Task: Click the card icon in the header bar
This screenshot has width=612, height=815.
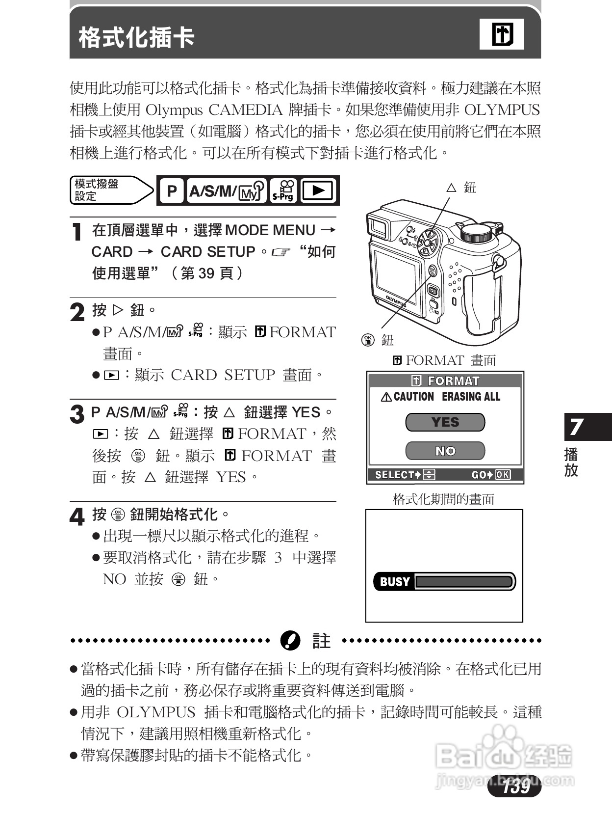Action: tap(502, 35)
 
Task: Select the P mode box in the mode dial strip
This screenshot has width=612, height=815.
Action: tap(172, 191)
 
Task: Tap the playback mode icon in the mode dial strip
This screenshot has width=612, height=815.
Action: tap(319, 191)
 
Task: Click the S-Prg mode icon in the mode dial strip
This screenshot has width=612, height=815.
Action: tap(283, 191)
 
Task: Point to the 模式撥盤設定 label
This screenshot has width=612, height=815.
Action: tap(97, 190)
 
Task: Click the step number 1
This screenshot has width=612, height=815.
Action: tap(76, 232)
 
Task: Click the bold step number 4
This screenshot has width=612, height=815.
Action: tap(77, 516)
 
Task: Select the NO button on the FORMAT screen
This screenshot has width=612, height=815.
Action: tap(445, 451)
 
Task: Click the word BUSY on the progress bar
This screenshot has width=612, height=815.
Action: tap(394, 582)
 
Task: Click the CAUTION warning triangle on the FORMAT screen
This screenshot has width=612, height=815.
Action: tap(386, 397)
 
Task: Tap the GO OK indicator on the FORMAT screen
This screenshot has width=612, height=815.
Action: tap(490, 475)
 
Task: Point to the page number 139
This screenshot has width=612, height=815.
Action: tap(515, 786)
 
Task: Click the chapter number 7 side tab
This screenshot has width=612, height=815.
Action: tap(577, 427)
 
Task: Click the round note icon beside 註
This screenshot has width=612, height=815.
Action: tap(290, 641)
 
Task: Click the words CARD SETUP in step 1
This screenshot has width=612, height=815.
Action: tap(208, 252)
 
